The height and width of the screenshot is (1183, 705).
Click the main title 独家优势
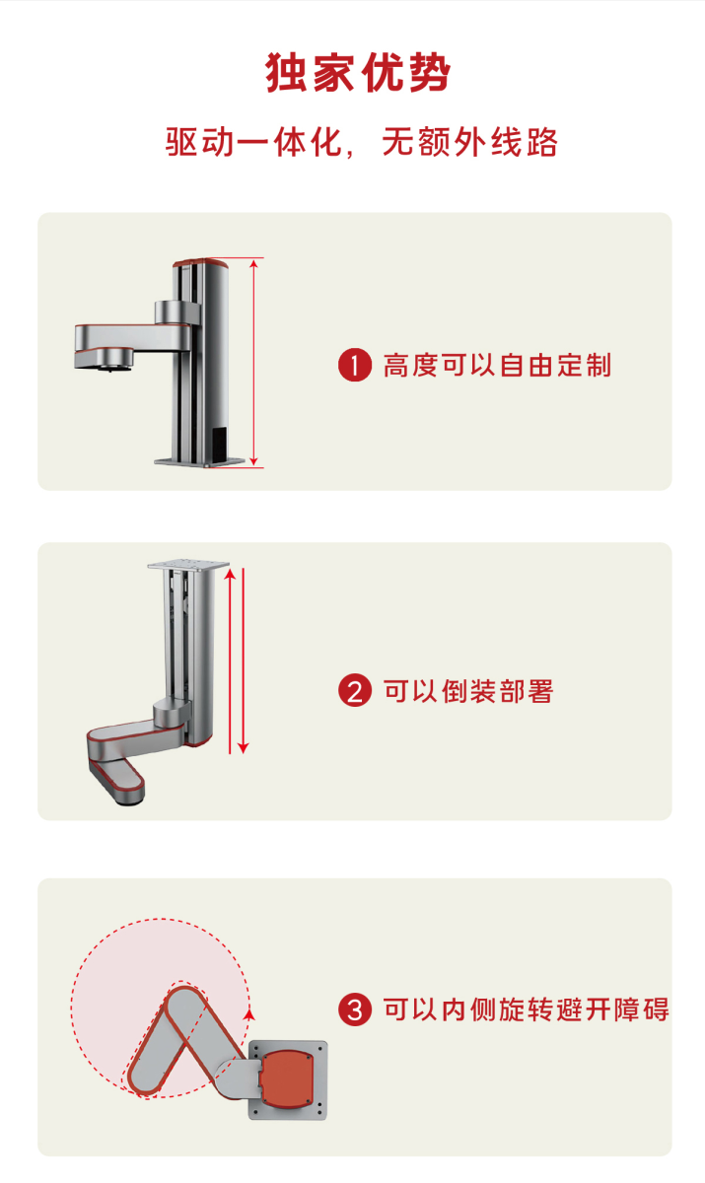click(x=358, y=72)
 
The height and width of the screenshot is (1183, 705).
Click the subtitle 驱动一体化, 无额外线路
click(x=361, y=142)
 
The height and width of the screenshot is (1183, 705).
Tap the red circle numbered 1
click(x=355, y=365)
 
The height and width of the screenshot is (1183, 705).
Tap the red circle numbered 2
click(x=355, y=690)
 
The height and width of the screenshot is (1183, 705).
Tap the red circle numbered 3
click(x=355, y=1009)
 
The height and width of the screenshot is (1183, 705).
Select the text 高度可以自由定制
click(x=497, y=366)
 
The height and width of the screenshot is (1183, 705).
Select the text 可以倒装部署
click(x=468, y=691)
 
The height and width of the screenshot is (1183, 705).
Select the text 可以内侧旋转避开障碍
click(x=526, y=1009)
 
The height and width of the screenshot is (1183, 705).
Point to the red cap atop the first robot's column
click(x=201, y=262)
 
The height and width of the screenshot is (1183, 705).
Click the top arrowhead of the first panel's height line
click(x=254, y=263)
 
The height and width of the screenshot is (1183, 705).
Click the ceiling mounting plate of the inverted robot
click(x=188, y=565)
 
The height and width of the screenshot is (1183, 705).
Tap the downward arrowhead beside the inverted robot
click(x=243, y=748)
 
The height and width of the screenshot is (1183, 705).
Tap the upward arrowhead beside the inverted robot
click(x=230, y=574)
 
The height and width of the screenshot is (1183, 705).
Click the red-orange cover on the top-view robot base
click(x=287, y=1079)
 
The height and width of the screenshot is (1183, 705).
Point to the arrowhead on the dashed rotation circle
click(x=249, y=1014)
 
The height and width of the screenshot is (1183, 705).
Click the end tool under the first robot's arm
click(x=110, y=361)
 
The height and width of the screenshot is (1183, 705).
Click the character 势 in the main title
click(x=429, y=72)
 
